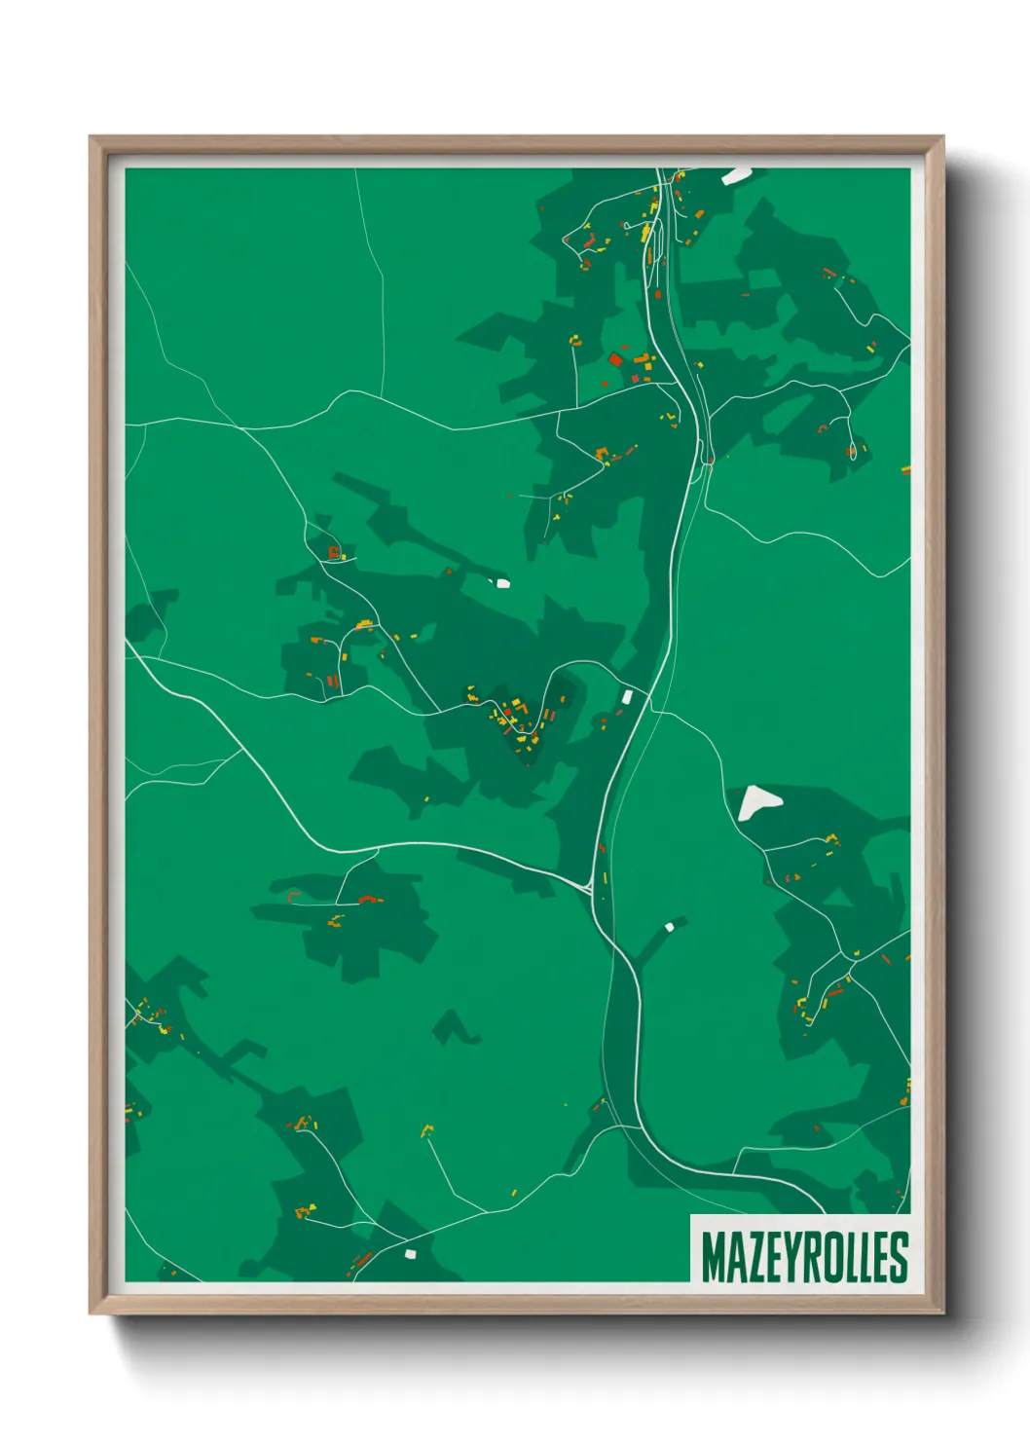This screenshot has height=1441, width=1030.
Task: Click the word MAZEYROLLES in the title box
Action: coord(803,1257)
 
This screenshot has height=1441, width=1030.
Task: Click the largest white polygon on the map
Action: coord(757,802)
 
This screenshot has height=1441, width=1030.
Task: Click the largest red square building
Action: coord(615,360)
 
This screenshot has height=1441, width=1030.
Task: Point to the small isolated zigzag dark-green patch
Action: coord(454,1027)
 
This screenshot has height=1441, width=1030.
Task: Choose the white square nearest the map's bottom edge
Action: coord(410,1253)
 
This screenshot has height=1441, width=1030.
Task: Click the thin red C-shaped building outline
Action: coord(293,896)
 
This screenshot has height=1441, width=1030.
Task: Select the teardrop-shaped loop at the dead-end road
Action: coord(853,451)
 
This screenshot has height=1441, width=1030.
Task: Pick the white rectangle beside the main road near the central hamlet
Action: coord(628,696)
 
